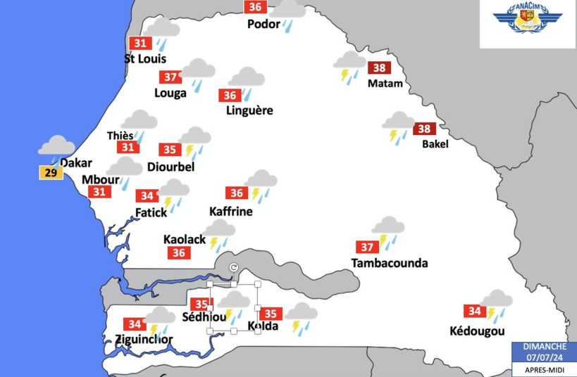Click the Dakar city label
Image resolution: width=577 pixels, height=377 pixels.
(76, 163)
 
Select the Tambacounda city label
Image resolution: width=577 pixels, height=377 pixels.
(389, 263)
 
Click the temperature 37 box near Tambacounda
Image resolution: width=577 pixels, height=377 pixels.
(366, 247)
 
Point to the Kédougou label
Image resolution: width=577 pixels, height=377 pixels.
(477, 331)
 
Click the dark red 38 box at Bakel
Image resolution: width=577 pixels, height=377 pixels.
(424, 129)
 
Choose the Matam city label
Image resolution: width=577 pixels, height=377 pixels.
(385, 84)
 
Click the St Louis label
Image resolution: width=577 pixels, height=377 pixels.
(145, 58)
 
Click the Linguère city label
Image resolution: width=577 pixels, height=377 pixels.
(249, 110)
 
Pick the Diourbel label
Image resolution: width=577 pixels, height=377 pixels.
(170, 167)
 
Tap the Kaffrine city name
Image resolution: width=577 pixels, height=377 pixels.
(231, 211)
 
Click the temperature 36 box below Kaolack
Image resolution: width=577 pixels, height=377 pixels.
(179, 253)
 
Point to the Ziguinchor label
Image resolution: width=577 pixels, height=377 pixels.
(144, 340)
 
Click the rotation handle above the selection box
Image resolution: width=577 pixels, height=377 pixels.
(234, 267)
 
